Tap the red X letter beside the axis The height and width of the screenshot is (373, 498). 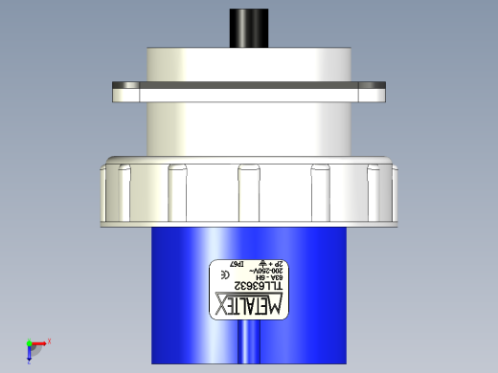pyautogui.click(x=49, y=340)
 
